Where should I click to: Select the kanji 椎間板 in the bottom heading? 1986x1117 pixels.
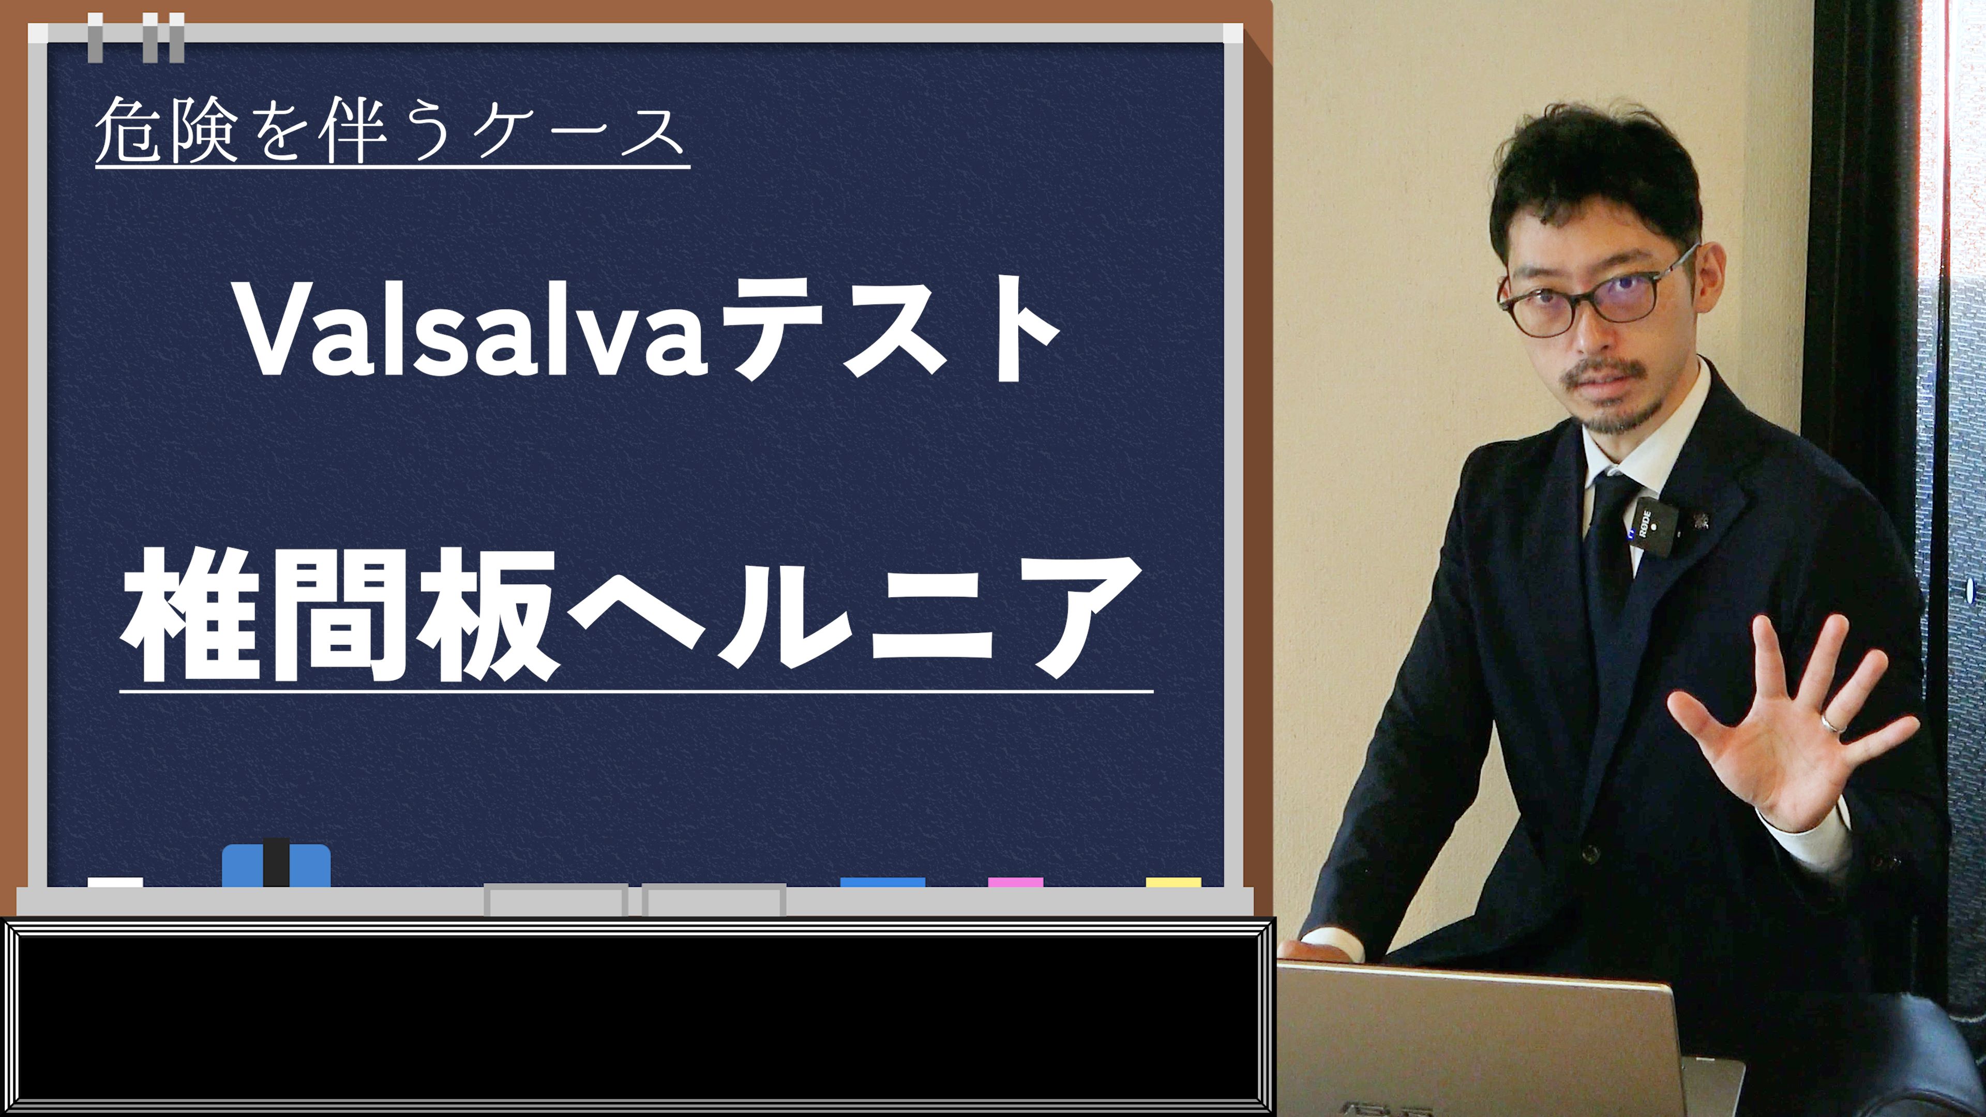339,614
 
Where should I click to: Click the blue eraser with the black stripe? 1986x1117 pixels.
276,864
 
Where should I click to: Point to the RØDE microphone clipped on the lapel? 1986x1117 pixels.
1651,527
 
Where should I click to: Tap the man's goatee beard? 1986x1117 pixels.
1612,401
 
